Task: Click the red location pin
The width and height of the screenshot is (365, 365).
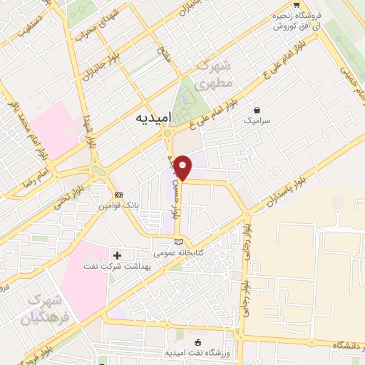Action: [x=183, y=167]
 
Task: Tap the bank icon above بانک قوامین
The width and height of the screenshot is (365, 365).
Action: [x=118, y=195]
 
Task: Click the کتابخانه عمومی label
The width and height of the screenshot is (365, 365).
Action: [x=180, y=252]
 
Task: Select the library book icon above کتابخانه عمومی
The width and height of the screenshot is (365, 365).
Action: [x=178, y=242]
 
